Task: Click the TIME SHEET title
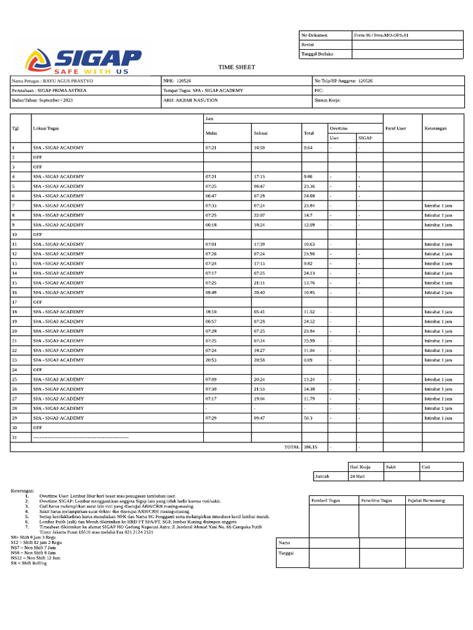pyautogui.click(x=236, y=67)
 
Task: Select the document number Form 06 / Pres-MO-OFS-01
pyautogui.click(x=381, y=36)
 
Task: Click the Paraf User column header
pyautogui.click(x=395, y=128)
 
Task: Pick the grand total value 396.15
pyautogui.click(x=310, y=447)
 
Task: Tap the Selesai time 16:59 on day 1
pyautogui.click(x=260, y=148)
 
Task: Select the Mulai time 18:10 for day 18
pyautogui.click(x=211, y=312)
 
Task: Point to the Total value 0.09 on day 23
pyautogui.click(x=308, y=359)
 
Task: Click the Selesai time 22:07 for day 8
pyautogui.click(x=260, y=215)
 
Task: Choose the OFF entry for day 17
pyautogui.click(x=38, y=302)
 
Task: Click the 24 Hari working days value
pyautogui.click(x=358, y=476)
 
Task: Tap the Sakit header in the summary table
pyautogui.click(x=391, y=467)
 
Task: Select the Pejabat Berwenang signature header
pyautogui.click(x=426, y=500)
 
